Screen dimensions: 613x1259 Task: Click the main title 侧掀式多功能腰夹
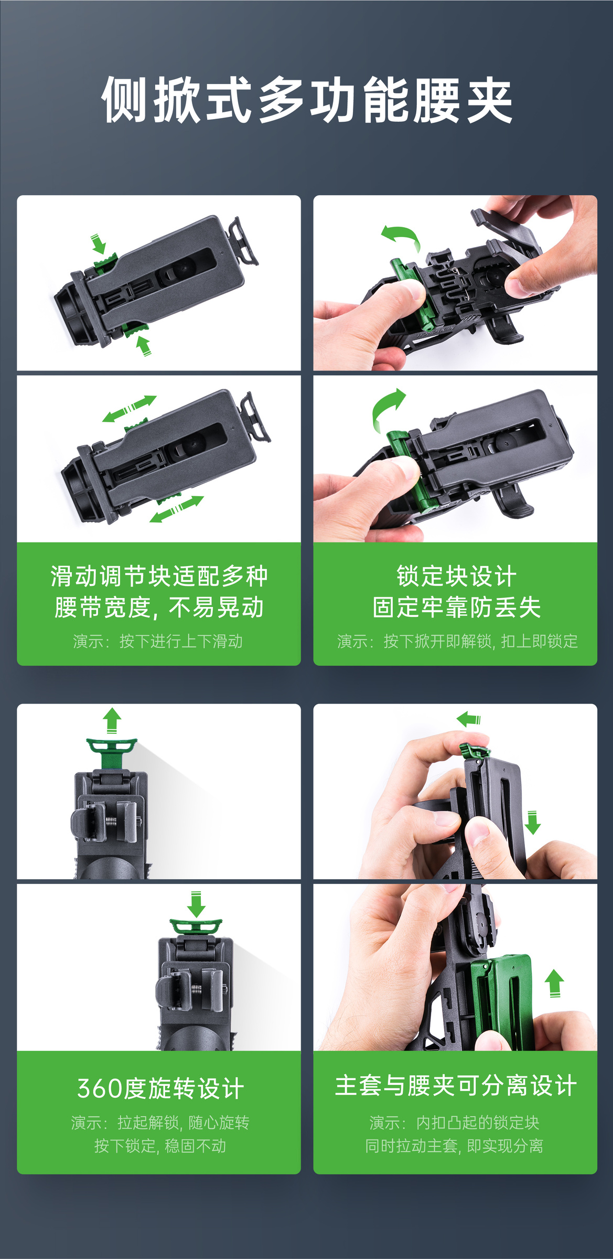coord(307,100)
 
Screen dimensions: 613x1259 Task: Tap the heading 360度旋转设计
coord(160,1088)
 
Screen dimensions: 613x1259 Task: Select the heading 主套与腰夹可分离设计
coord(455,1085)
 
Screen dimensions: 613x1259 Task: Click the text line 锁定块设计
coord(456,576)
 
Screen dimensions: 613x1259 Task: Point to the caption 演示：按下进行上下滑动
coord(158,641)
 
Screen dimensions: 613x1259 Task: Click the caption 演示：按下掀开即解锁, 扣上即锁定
coord(457,641)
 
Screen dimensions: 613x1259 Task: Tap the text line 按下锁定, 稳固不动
coord(160,1146)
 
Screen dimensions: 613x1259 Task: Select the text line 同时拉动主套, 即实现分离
coord(454,1146)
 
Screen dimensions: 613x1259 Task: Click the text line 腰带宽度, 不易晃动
coord(159,607)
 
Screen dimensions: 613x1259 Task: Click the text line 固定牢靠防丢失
coord(456,607)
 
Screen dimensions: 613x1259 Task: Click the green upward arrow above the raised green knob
coord(112,720)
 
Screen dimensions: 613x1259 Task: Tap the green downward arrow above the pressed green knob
coord(196,904)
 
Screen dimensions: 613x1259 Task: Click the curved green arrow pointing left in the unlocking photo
coord(401,236)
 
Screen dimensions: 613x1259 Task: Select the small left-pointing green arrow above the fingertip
coord(468,719)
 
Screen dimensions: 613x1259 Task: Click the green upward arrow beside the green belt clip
coord(554,983)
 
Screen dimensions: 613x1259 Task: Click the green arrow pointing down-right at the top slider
coord(99,243)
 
